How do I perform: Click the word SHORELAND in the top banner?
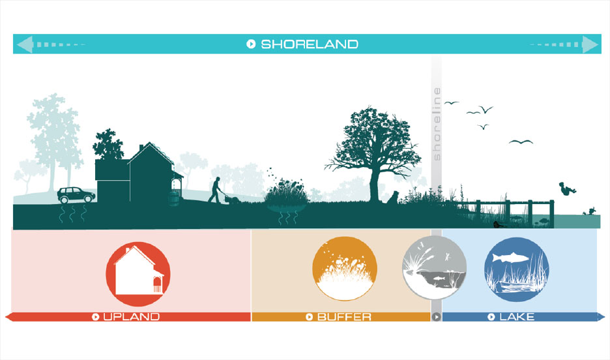[x=310, y=44]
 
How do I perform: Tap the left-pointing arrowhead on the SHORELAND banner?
[x=25, y=44]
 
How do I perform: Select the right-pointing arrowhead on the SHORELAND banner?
[x=590, y=44]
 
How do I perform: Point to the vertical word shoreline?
[x=437, y=124]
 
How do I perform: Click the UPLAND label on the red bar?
[x=132, y=317]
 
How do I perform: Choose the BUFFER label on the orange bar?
[x=344, y=317]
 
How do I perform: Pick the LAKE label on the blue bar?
[x=517, y=317]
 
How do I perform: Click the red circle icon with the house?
[x=138, y=274]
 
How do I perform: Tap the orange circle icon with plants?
[x=344, y=269]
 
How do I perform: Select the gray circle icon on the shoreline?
[x=434, y=268]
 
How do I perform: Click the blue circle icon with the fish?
[x=517, y=269]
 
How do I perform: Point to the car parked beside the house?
[x=76, y=195]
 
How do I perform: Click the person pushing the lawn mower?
[x=215, y=190]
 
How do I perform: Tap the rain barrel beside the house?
[x=174, y=198]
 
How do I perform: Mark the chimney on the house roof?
[x=141, y=148]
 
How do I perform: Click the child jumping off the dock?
[x=567, y=188]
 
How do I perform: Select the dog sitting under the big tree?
[x=393, y=198]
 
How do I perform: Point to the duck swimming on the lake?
[x=590, y=212]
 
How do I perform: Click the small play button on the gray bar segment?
[x=436, y=317]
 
